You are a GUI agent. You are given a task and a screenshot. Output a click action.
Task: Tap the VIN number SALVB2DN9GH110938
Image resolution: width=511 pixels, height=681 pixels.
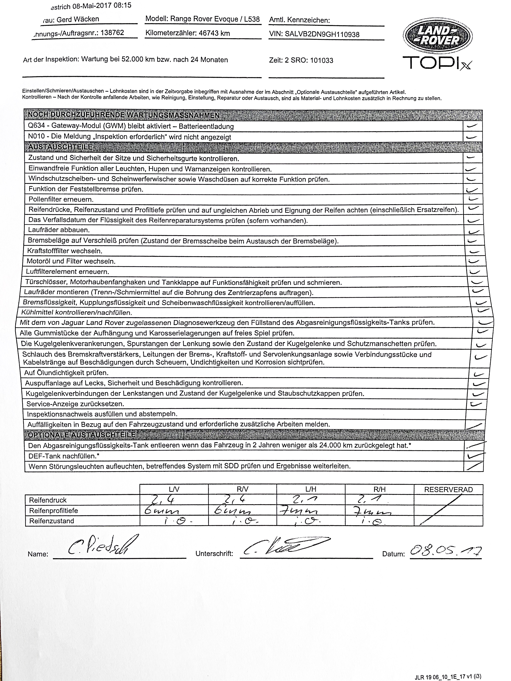click(322, 34)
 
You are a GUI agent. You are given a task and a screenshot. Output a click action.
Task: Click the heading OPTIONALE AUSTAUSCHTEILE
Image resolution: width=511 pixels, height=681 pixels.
click(82, 435)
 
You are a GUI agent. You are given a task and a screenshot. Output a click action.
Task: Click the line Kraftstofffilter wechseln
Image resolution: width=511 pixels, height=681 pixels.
click(65, 251)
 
